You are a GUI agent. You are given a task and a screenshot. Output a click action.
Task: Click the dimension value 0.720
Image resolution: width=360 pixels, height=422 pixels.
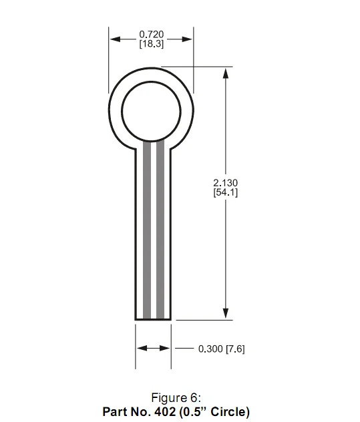point(152,34)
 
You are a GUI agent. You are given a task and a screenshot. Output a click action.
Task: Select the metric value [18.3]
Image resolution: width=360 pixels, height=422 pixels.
point(152,44)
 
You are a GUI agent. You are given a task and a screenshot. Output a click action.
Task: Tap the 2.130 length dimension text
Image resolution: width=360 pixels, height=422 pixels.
point(226,182)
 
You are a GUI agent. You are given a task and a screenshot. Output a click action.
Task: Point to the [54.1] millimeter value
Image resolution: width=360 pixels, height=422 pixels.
point(226,192)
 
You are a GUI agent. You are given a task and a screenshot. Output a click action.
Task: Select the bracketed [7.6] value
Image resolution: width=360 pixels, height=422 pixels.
point(235,349)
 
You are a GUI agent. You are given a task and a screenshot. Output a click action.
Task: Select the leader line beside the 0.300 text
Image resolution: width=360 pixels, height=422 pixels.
point(184,349)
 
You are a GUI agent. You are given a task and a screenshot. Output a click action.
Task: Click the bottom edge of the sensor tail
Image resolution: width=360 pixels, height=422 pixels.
point(154,320)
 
